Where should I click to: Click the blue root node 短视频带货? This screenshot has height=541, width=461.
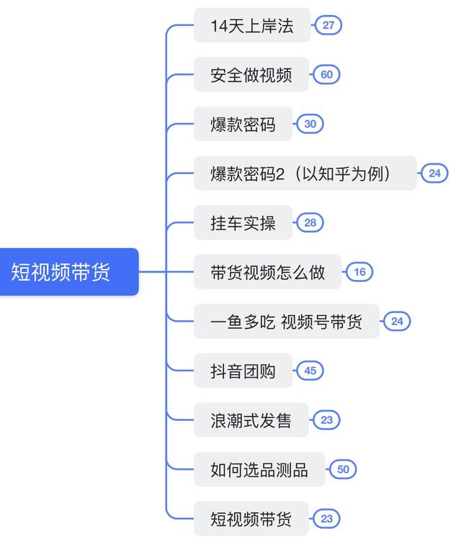click(x=69, y=272)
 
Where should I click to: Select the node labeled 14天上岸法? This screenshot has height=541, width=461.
click(x=252, y=25)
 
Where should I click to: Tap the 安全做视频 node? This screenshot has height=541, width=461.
click(x=251, y=75)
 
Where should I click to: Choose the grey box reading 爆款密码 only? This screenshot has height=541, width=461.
click(x=243, y=124)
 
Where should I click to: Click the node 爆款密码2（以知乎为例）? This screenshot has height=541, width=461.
click(x=305, y=173)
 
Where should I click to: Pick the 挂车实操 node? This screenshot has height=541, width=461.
click(x=243, y=222)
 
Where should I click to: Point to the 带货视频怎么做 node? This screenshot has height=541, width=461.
click(x=268, y=272)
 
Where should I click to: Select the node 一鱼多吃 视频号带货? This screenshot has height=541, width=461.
click(x=287, y=321)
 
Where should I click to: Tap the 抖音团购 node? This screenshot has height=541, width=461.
click(x=243, y=370)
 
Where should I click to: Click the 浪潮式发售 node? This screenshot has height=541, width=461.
click(x=251, y=420)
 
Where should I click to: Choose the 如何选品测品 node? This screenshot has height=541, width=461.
click(x=259, y=469)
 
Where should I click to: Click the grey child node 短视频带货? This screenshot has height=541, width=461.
click(x=251, y=519)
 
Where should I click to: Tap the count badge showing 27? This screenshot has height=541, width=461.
click(x=328, y=25)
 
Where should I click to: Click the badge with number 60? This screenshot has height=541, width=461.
click(x=326, y=75)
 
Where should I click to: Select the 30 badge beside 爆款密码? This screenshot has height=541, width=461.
click(x=310, y=124)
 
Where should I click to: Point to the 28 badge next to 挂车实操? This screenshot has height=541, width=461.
click(x=310, y=222)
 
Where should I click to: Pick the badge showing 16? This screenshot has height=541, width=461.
click(x=359, y=272)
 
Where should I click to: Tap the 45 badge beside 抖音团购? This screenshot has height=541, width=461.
click(x=310, y=370)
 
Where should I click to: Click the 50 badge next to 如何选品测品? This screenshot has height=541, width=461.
click(x=343, y=469)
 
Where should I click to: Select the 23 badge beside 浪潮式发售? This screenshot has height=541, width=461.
click(x=326, y=420)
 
